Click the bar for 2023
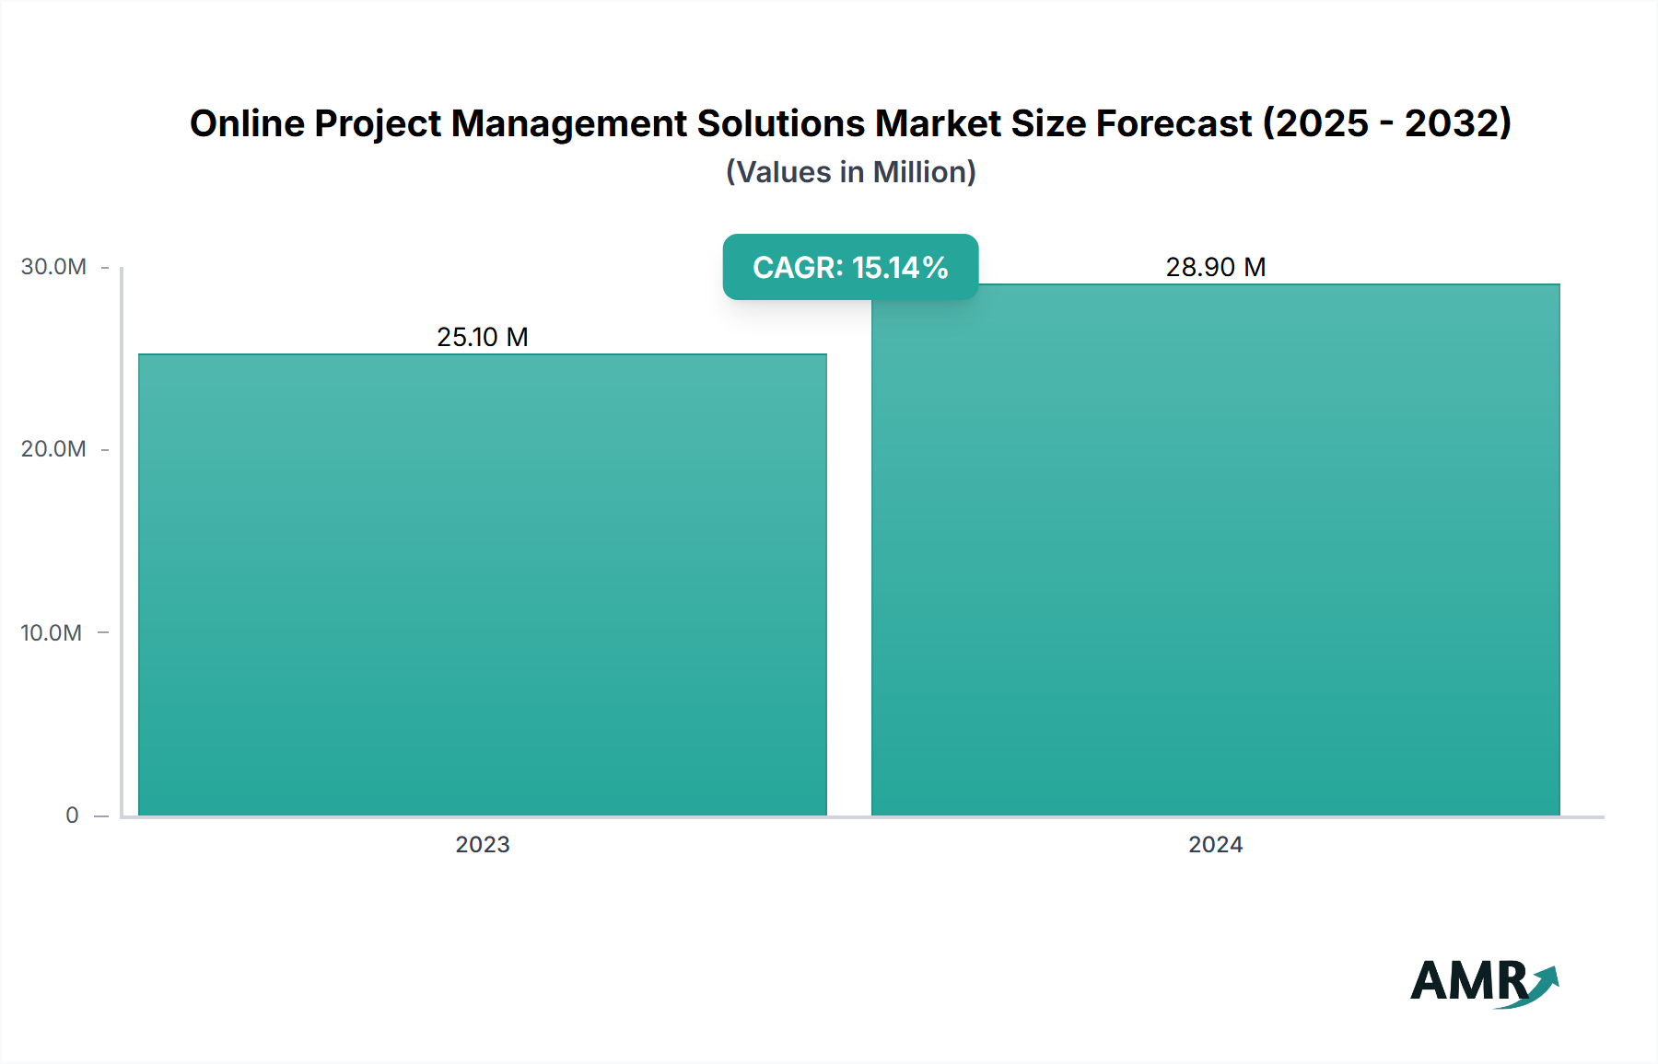pyautogui.click(x=483, y=584)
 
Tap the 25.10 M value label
pyautogui.click(x=483, y=337)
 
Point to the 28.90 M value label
pyautogui.click(x=1216, y=267)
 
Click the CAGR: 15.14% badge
pyautogui.click(x=850, y=267)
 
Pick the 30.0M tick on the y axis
pyautogui.click(x=53, y=267)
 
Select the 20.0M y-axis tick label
pyautogui.click(x=53, y=449)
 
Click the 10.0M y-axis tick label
pyautogui.click(x=52, y=632)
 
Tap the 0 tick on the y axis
pyautogui.click(x=72, y=815)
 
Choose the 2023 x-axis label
pyautogui.click(x=483, y=844)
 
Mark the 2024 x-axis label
pyautogui.click(x=1216, y=844)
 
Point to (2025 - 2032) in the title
pyautogui.click(x=1386, y=123)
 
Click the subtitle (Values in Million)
pyautogui.click(x=850, y=172)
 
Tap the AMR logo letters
pyautogui.click(x=1468, y=981)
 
